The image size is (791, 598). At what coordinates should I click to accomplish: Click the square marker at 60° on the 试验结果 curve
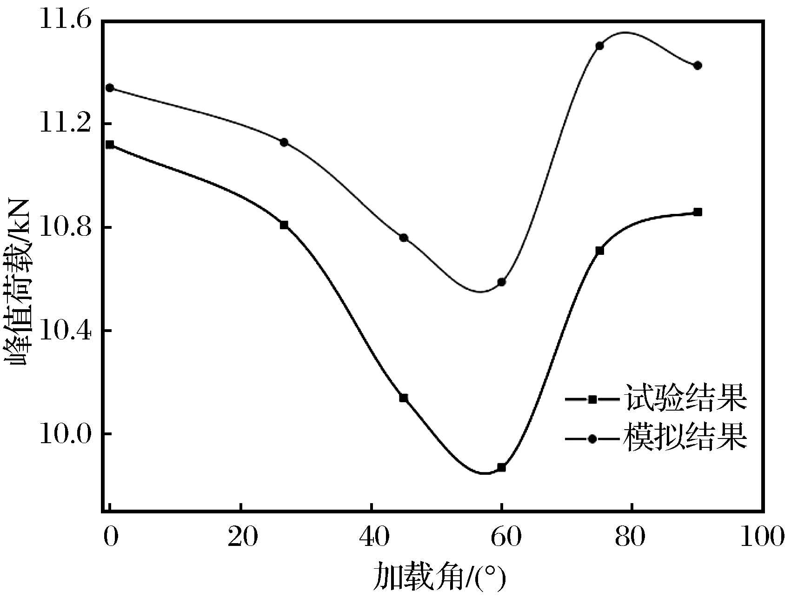pyautogui.click(x=501, y=467)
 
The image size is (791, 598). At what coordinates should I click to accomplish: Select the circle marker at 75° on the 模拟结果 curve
pyautogui.click(x=599, y=46)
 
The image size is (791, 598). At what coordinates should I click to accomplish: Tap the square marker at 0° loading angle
pyautogui.click(x=110, y=145)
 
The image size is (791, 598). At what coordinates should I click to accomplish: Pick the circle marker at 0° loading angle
pyautogui.click(x=110, y=88)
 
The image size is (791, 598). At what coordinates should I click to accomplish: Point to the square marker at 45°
pyautogui.click(x=404, y=398)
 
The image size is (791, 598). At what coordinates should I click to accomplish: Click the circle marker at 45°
pyautogui.click(x=404, y=238)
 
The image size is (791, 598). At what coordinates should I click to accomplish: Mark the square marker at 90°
pyautogui.click(x=698, y=212)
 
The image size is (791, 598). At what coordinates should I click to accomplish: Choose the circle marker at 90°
pyautogui.click(x=698, y=66)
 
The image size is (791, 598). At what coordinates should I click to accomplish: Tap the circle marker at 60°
pyautogui.click(x=501, y=282)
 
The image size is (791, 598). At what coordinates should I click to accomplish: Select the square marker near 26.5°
pyautogui.click(x=284, y=225)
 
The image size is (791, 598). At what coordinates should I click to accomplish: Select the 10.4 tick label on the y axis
pyautogui.click(x=66, y=331)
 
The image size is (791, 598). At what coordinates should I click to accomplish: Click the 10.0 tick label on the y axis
pyautogui.click(x=66, y=434)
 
